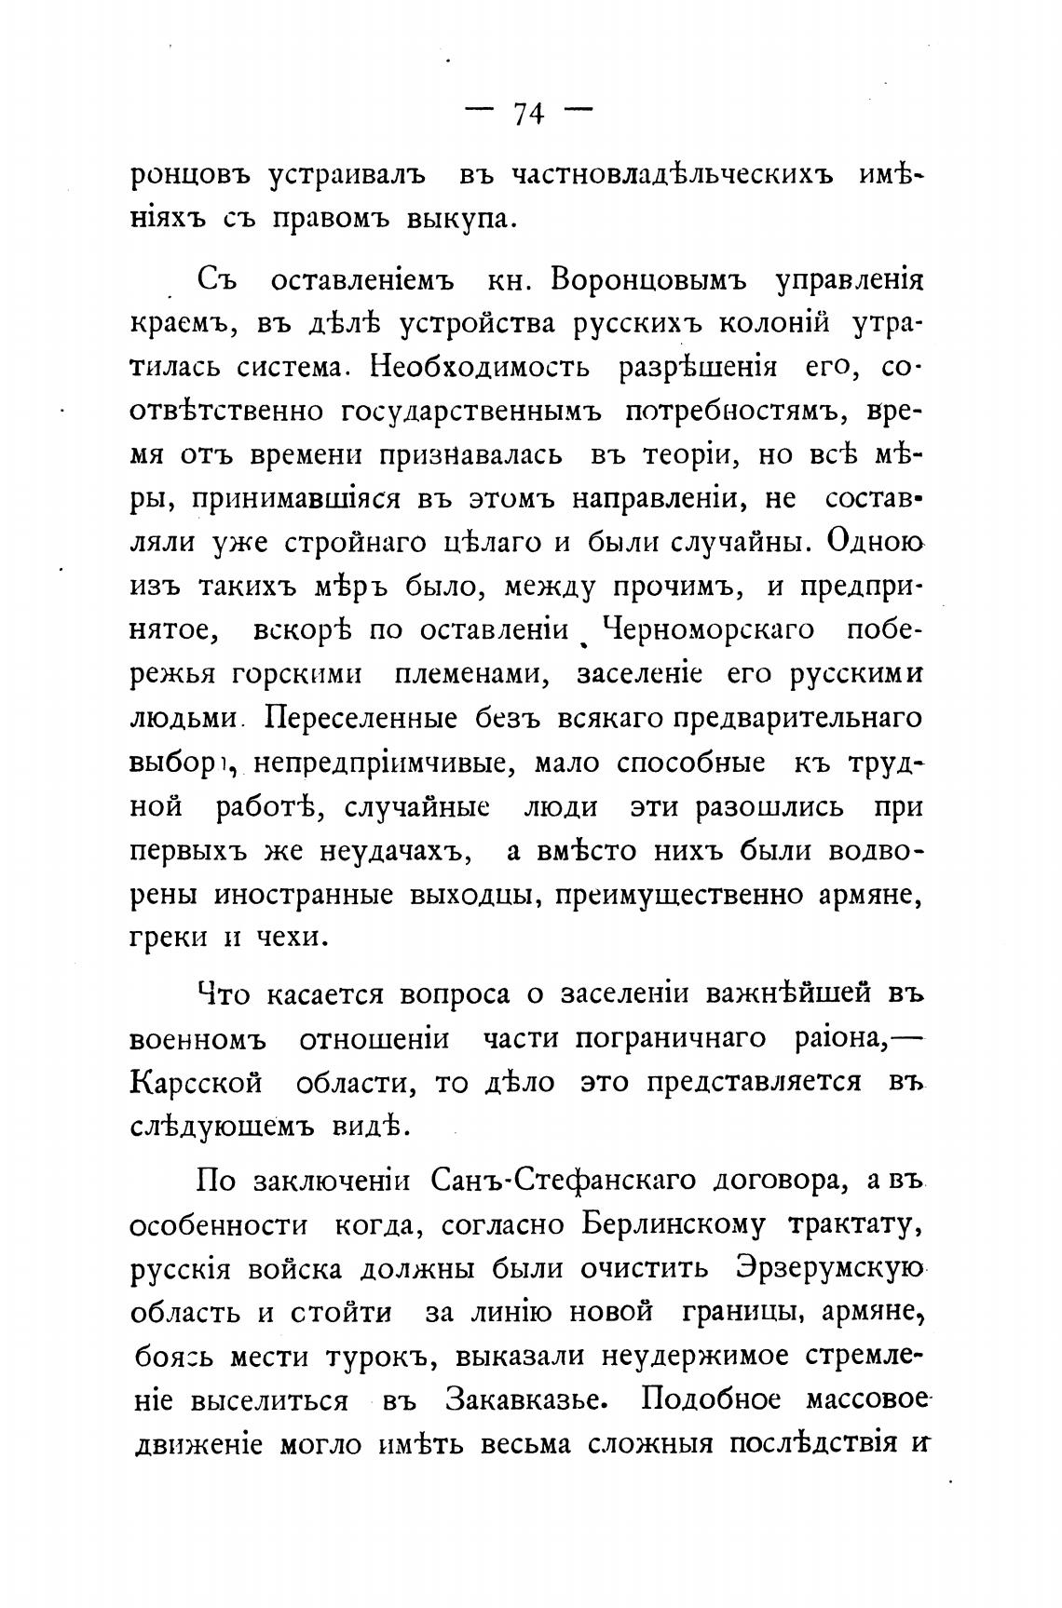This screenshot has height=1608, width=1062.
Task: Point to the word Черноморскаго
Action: [x=709, y=630]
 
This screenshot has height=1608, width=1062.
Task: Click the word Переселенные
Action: [x=361, y=718]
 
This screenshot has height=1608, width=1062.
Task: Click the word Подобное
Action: [x=713, y=1399]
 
